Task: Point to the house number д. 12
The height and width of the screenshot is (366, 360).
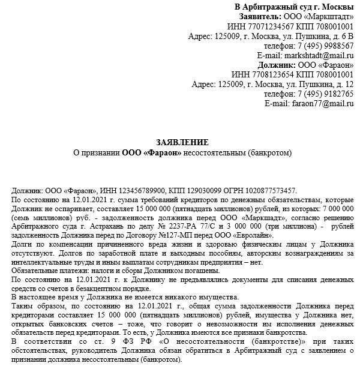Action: [343, 85]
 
